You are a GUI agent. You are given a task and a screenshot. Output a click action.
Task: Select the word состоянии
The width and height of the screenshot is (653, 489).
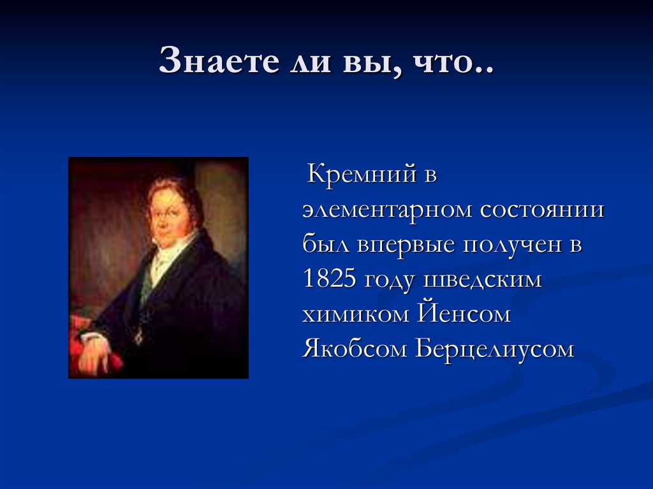[541, 211]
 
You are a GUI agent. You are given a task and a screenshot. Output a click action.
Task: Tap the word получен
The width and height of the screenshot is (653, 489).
[510, 245]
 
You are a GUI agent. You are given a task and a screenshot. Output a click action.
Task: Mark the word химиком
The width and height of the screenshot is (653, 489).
[355, 316]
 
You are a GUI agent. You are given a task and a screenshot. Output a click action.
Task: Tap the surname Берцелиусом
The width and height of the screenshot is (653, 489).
[495, 351]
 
